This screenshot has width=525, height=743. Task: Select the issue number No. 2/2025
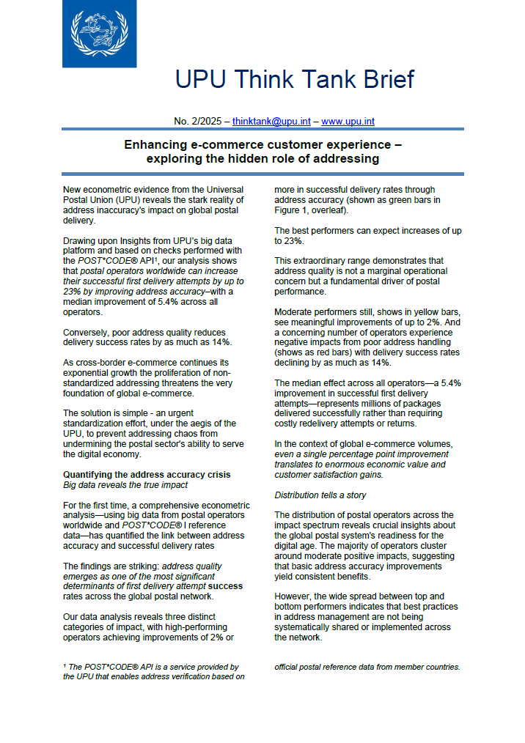click(x=198, y=121)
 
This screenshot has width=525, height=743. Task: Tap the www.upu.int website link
click(x=348, y=121)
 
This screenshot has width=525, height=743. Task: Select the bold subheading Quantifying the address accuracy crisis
click(x=147, y=475)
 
